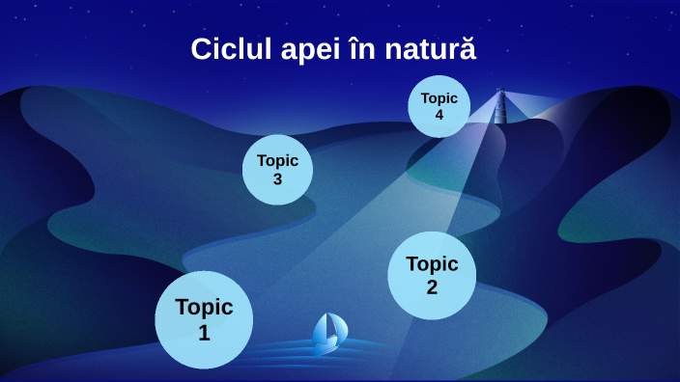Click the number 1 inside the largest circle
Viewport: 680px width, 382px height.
(x=204, y=333)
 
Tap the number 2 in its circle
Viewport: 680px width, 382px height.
(x=432, y=286)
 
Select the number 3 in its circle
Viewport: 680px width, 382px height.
(x=277, y=178)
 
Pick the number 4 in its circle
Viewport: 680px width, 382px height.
(x=439, y=115)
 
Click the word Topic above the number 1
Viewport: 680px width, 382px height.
(x=204, y=308)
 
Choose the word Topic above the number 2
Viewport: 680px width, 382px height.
(x=432, y=263)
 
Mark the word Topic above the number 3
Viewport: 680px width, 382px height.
(x=277, y=161)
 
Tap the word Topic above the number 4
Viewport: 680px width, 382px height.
(x=439, y=98)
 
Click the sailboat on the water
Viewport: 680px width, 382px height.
(x=328, y=333)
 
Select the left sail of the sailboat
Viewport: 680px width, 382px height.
(x=323, y=329)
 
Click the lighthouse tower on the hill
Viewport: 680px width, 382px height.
(x=500, y=109)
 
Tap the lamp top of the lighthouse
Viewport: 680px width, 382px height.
(x=500, y=93)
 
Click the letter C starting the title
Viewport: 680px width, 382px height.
(x=200, y=49)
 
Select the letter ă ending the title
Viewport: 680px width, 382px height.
(x=467, y=49)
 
